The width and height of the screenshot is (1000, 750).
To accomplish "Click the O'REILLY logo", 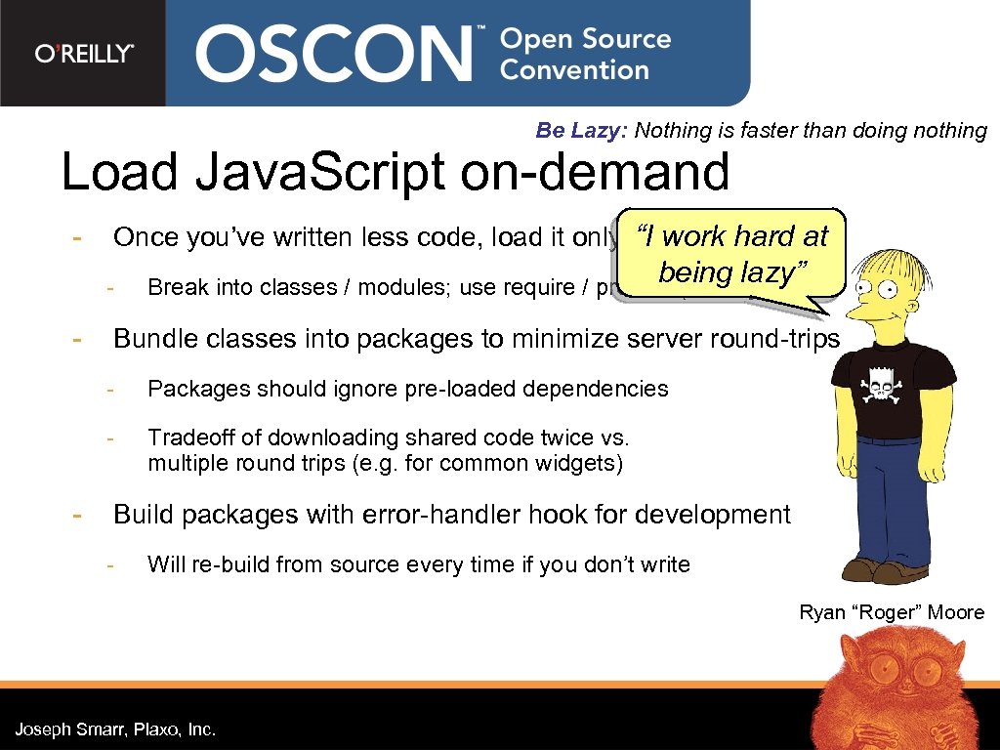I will coord(84,53).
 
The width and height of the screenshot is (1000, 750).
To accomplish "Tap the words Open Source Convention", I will coord(585,55).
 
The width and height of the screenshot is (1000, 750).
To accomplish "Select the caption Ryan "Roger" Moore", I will coord(892,613).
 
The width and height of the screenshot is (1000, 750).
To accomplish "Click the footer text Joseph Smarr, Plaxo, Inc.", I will coord(115,729).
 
